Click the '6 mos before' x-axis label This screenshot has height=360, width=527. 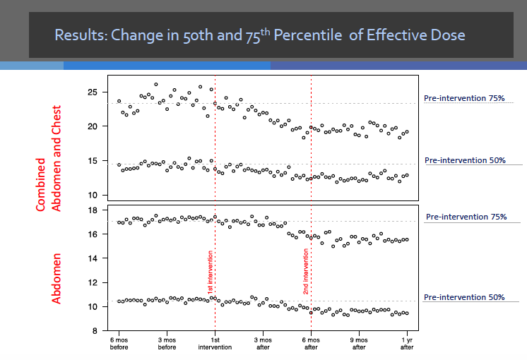tap(119, 343)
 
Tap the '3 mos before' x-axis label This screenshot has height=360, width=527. tap(167, 343)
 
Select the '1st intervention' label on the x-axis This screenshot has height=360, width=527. tap(215, 343)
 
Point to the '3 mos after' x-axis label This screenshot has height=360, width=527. tap(263, 343)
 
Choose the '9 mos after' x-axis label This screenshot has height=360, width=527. tap(359, 343)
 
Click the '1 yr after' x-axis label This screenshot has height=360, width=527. tap(407, 343)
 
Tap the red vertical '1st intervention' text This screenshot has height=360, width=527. tap(210, 272)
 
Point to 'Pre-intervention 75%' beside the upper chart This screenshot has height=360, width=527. tap(464, 99)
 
